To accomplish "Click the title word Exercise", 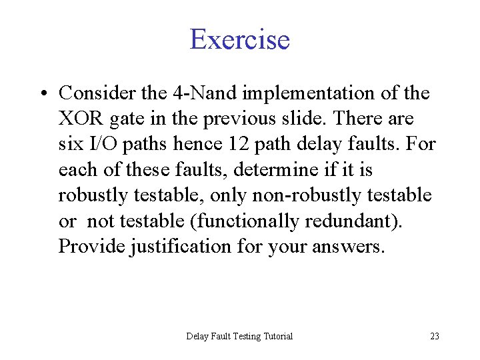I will (240, 39).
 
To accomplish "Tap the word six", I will (70, 145).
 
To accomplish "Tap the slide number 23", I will (434, 336).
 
